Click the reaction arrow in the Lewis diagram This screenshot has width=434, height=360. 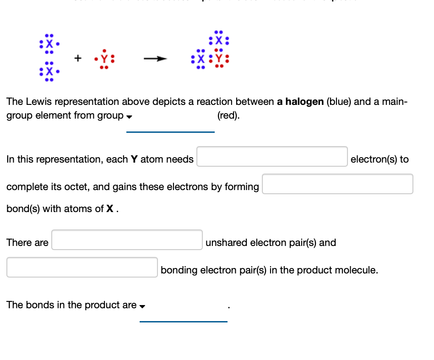click(154, 59)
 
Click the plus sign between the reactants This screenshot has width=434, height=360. click(78, 58)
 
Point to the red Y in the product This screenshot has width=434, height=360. click(218, 59)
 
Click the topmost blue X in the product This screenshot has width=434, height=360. click(218, 39)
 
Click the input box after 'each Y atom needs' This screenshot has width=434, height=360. click(272, 157)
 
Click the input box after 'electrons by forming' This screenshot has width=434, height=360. click(337, 184)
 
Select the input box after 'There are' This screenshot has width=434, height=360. click(127, 240)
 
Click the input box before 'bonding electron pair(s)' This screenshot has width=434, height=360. click(82, 267)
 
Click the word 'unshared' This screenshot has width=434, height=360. click(226, 243)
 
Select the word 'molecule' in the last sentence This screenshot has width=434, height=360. click(358, 270)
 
